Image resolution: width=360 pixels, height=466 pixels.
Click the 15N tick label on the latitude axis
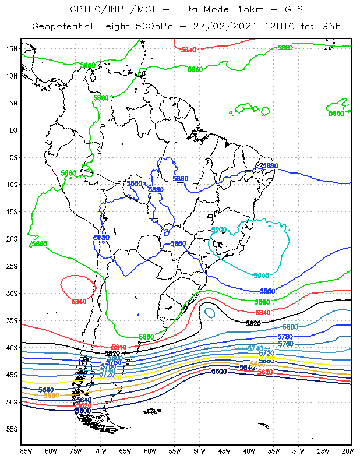coord(12,48)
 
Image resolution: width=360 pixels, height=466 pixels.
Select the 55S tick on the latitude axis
coord(12,429)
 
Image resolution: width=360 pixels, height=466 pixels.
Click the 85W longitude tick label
coord(26,451)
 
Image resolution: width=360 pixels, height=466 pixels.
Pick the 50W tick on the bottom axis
coord(199,451)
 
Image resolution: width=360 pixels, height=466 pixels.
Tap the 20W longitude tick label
coord(348,451)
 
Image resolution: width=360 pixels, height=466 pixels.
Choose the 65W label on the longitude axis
coord(125,451)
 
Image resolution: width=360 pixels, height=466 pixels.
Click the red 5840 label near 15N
coord(188,50)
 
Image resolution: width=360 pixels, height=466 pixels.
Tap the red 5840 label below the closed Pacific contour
coord(79,302)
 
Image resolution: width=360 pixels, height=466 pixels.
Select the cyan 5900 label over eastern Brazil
coord(218,230)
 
